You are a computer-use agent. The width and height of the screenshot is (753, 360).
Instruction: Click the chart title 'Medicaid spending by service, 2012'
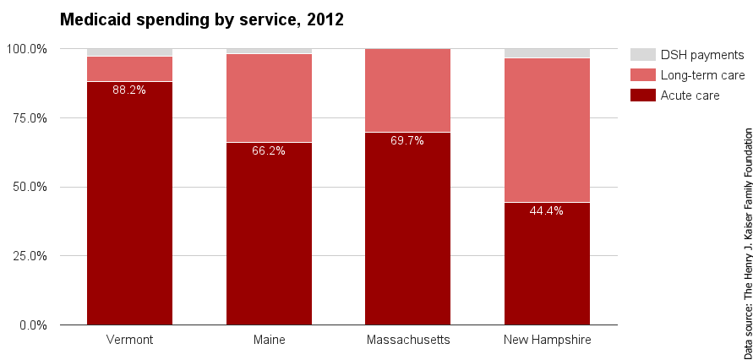pyautogui.click(x=201, y=19)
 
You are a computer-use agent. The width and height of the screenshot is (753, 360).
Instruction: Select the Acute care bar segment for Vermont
pyautogui.click(x=129, y=203)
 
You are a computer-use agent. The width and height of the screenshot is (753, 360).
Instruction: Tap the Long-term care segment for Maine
pyautogui.click(x=269, y=98)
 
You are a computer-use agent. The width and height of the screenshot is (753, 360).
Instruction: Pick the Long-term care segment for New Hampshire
pyautogui.click(x=547, y=130)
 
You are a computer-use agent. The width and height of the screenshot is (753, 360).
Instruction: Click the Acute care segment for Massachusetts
pyautogui.click(x=407, y=228)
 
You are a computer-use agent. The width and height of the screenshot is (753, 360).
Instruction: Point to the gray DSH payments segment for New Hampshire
pyautogui.click(x=547, y=53)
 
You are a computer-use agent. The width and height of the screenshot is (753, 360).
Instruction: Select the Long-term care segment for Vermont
pyautogui.click(x=129, y=68)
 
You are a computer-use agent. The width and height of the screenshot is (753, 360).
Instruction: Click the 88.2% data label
pyautogui.click(x=129, y=90)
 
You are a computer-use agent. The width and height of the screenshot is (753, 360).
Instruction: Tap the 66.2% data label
pyautogui.click(x=269, y=150)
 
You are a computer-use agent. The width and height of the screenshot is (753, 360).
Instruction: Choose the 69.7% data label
pyautogui.click(x=407, y=140)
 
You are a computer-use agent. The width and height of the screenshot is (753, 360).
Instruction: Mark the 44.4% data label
pyautogui.click(x=547, y=210)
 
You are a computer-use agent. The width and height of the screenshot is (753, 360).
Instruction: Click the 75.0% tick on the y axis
pyautogui.click(x=29, y=117)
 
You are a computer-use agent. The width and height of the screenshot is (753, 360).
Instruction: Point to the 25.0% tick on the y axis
pyautogui.click(x=29, y=256)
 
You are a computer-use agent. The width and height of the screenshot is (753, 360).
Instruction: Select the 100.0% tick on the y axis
pyautogui.click(x=27, y=49)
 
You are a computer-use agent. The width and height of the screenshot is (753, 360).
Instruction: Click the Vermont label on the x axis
pyautogui.click(x=129, y=340)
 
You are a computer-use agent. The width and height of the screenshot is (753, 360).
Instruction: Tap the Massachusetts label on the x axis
pyautogui.click(x=407, y=340)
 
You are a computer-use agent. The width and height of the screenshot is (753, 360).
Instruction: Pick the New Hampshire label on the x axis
pyautogui.click(x=547, y=340)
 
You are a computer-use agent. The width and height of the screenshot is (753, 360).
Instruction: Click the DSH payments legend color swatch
pyautogui.click(x=642, y=55)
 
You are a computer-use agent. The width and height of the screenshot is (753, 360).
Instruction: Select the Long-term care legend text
pyautogui.click(x=702, y=75)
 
